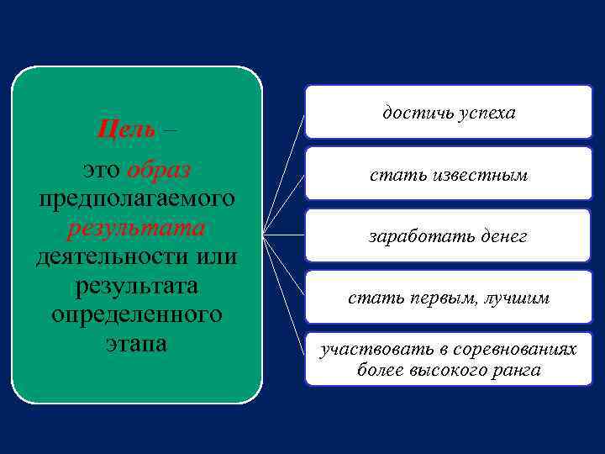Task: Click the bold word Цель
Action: coord(126,129)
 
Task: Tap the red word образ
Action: coord(160,170)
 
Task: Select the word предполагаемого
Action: coord(136,199)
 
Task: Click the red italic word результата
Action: coord(136,228)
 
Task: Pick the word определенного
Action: coord(136,314)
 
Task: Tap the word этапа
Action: coord(136,344)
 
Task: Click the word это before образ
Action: coord(102,170)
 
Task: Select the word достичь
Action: coord(416,112)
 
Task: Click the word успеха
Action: coord(487,112)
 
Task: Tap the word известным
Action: coord(479,175)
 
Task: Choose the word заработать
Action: coord(411,238)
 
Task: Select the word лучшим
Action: coord(518,298)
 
